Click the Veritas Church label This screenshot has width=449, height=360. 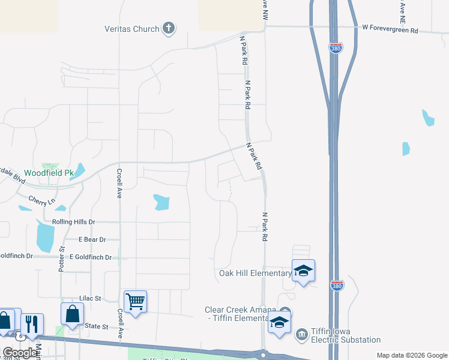pyautogui.click(x=132, y=29)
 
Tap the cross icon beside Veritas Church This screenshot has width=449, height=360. pyautogui.click(x=169, y=28)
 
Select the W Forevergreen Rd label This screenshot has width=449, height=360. pyautogui.click(x=390, y=28)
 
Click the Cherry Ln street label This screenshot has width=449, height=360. pyautogui.click(x=41, y=200)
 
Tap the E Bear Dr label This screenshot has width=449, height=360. pyautogui.click(x=92, y=239)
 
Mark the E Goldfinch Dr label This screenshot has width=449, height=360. pyautogui.click(x=91, y=257)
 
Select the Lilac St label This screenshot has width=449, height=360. pyautogui.click(x=90, y=298)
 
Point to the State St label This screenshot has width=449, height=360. pyautogui.click(x=96, y=327)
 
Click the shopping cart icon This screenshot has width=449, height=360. pyautogui.click(x=135, y=301)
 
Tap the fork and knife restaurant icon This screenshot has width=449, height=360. pyautogui.click(x=32, y=323)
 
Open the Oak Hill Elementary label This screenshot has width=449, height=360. pyautogui.click(x=255, y=274)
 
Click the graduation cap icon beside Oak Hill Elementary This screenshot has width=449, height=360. pyautogui.click(x=303, y=271)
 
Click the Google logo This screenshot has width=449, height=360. pyautogui.click(x=20, y=353)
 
